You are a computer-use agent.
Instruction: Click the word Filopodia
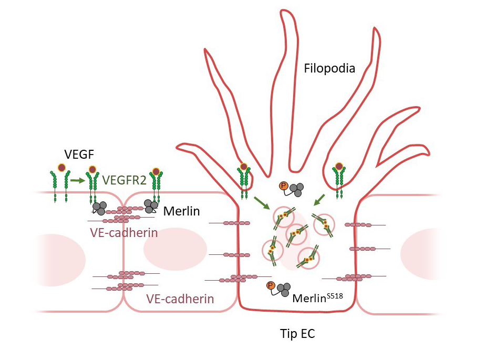[x=330, y=68]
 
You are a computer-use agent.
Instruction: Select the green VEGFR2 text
[x=125, y=180]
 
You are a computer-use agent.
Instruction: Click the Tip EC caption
[x=297, y=333]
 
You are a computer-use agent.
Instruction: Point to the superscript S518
[x=334, y=295]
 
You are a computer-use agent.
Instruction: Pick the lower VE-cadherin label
[x=180, y=299]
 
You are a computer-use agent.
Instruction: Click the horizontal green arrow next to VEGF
[x=77, y=180]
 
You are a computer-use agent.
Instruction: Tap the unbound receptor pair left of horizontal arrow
[x=59, y=186]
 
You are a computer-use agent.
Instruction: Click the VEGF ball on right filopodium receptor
[x=339, y=167]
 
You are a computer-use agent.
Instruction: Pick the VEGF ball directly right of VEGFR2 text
[x=156, y=171]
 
